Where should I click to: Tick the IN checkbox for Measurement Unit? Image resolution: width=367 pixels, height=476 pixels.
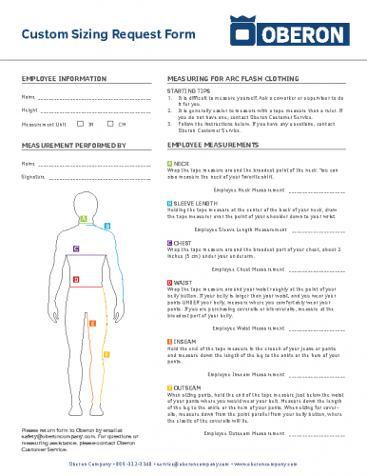tap(81, 124)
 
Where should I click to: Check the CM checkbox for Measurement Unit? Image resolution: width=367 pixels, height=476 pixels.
tap(112, 124)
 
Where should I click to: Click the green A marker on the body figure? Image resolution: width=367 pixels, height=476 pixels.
tap(84, 219)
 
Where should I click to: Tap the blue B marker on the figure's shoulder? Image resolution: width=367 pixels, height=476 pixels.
tap(107, 226)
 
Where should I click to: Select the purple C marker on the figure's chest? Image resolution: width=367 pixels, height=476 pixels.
tap(76, 248)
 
